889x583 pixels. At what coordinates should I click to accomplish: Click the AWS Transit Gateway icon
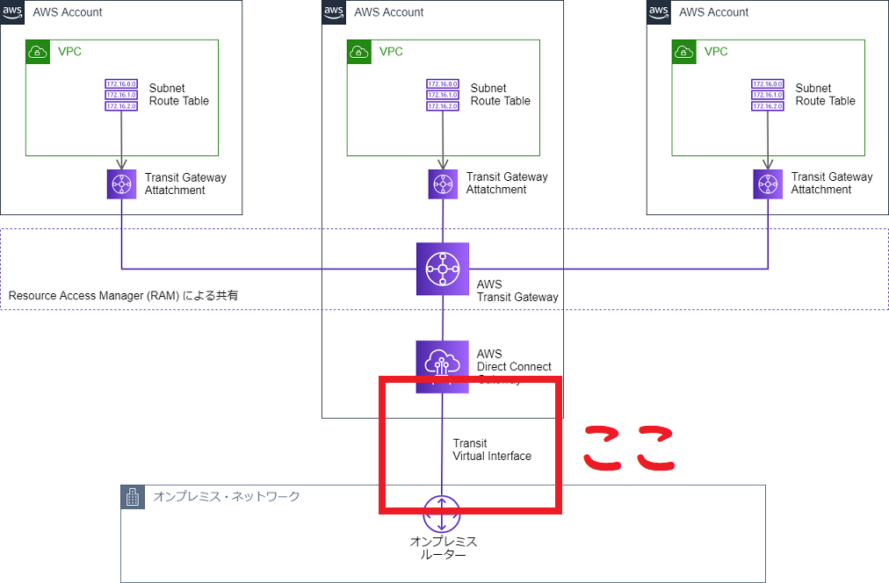tap(443, 269)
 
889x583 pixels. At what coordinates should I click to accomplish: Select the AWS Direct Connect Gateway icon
tap(442, 366)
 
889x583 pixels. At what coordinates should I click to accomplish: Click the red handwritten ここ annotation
tap(629, 447)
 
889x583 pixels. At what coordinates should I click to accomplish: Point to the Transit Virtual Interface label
tap(491, 450)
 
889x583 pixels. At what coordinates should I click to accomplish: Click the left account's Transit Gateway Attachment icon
tap(121, 184)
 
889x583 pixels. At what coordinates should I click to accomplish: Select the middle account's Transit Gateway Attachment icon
tap(443, 184)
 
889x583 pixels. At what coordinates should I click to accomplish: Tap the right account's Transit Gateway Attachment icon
tap(768, 184)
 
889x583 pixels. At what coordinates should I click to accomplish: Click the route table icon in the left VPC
tap(121, 95)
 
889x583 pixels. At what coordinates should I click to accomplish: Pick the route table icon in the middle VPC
tap(443, 95)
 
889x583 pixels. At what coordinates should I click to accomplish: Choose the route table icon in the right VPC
tap(768, 95)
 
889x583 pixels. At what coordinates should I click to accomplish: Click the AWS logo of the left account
tap(11, 11)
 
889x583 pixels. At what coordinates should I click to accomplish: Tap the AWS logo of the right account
tap(659, 11)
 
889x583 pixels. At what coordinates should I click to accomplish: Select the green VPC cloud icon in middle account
tap(359, 52)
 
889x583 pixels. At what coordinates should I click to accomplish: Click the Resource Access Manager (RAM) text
tap(123, 296)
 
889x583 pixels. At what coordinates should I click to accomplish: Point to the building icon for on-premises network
tap(133, 497)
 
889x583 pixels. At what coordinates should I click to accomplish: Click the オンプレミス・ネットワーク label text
tap(227, 497)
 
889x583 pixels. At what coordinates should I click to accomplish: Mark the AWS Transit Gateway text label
tap(517, 291)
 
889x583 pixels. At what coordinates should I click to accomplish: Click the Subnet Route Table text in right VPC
tap(825, 95)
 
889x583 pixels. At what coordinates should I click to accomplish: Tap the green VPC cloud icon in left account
tap(38, 52)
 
